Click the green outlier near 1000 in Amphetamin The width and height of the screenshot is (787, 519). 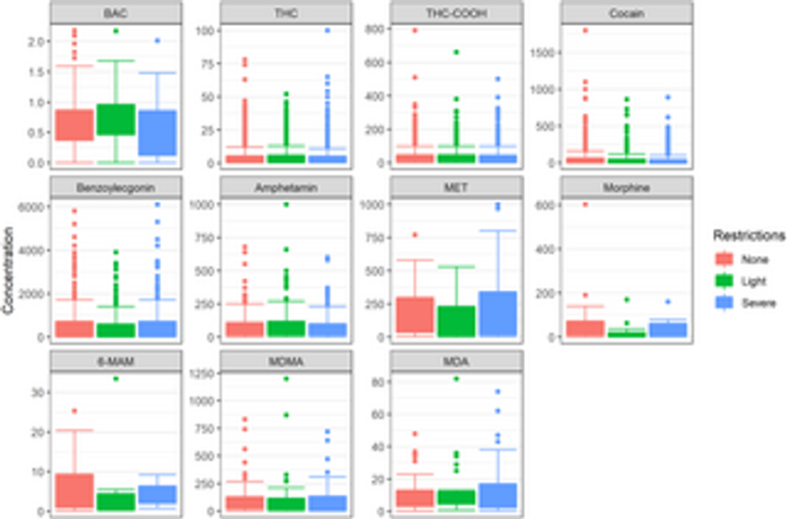pos(286,204)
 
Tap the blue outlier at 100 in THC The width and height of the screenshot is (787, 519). pos(326,31)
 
